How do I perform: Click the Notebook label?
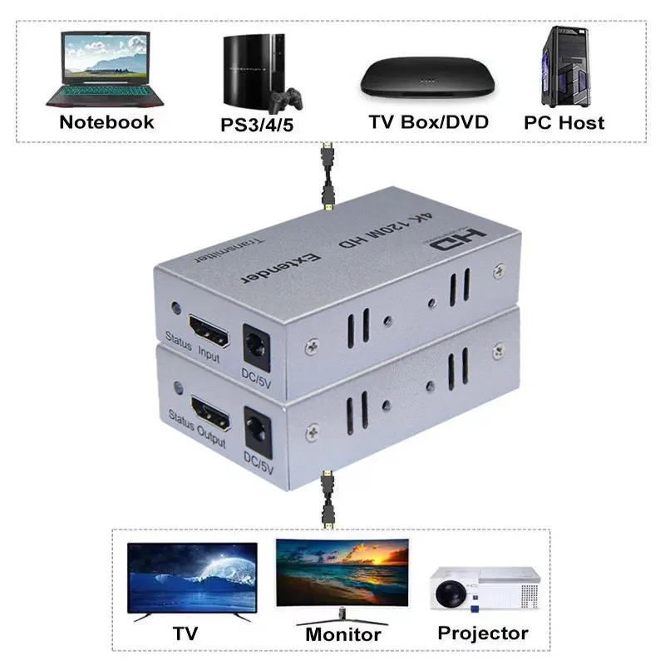(106, 122)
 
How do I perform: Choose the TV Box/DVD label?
(428, 122)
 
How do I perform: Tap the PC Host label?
(564, 122)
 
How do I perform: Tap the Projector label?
(483, 633)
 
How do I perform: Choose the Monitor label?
(342, 635)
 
